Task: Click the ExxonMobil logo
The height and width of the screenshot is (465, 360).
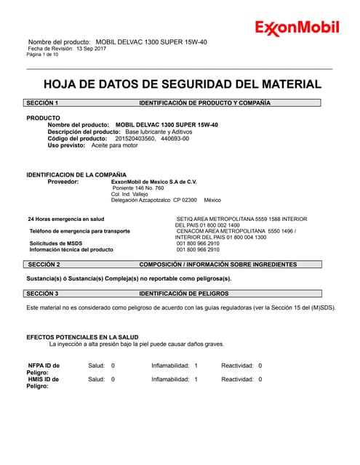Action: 296,28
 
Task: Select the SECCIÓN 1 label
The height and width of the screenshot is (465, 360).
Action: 42,103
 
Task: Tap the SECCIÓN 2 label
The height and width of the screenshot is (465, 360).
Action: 43,264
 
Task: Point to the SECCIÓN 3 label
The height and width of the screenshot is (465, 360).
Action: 42,294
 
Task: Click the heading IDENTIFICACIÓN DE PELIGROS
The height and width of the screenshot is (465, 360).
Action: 184,294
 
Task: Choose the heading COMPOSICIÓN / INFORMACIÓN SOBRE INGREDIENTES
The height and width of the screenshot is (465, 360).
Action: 217,264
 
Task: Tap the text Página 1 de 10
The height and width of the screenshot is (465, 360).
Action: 45,54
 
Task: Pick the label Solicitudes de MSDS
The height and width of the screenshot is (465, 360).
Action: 55,243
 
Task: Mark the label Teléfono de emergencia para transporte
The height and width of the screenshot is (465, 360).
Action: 79,231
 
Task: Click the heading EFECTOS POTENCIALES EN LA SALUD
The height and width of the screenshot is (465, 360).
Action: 82,337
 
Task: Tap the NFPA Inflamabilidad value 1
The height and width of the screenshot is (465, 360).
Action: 196,365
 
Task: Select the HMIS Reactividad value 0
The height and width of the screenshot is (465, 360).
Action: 260,379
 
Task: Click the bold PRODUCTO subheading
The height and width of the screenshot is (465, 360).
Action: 44,118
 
